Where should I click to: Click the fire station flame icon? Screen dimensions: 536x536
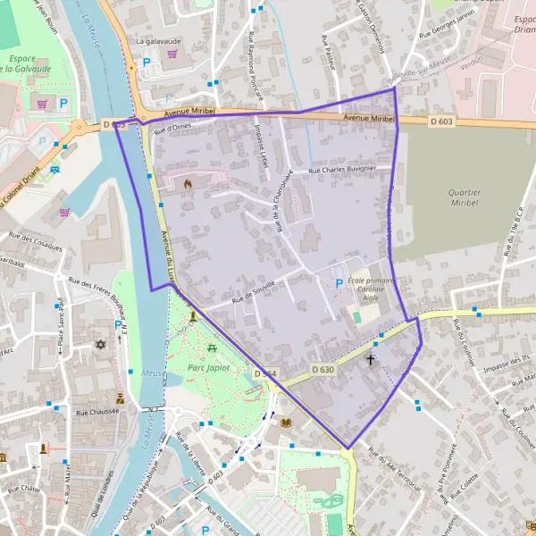tap(188, 183)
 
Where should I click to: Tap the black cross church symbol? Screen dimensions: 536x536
tap(371, 360)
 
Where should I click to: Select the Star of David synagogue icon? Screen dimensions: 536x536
tap(100, 344)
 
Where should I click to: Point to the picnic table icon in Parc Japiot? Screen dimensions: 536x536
tap(212, 348)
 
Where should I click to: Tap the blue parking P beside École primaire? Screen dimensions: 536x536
tap(338, 284)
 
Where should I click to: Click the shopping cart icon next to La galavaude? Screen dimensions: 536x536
tap(172, 53)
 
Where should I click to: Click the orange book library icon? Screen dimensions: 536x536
tap(286, 423)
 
